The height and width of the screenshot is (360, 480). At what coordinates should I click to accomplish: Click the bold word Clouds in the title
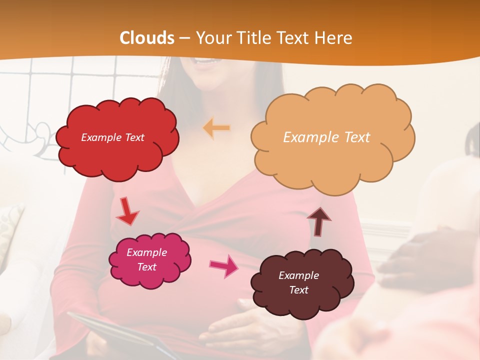click(147, 38)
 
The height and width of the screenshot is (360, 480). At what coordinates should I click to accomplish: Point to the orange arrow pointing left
click(216, 128)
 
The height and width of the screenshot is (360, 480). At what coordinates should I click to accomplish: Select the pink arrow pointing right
click(223, 266)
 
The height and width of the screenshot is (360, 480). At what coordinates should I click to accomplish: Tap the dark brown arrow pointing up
click(319, 221)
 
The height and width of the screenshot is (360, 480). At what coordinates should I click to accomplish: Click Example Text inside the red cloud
click(112, 137)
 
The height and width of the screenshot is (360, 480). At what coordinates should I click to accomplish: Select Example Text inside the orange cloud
click(326, 137)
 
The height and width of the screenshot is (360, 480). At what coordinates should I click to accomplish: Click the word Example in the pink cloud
click(146, 252)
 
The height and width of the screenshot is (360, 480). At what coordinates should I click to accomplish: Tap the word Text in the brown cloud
click(298, 290)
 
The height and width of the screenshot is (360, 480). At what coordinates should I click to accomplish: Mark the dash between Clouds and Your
click(185, 38)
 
